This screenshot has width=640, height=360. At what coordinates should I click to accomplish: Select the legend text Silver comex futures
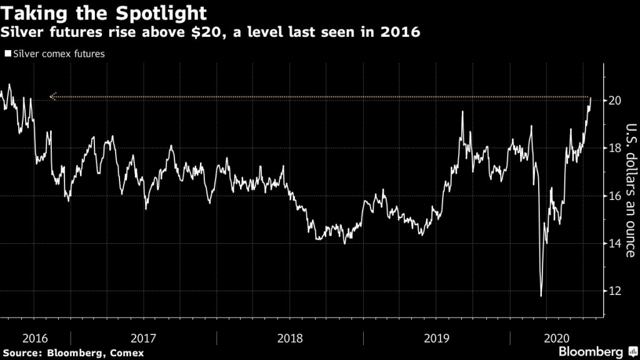(x=57, y=54)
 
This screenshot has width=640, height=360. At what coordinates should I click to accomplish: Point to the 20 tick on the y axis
(x=615, y=100)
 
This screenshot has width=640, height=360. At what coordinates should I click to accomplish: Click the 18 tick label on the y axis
(x=615, y=148)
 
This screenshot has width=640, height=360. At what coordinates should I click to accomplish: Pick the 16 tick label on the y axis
(x=615, y=196)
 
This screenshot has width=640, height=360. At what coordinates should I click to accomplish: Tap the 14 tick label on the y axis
(x=615, y=244)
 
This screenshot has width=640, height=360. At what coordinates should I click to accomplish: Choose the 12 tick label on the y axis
(x=615, y=291)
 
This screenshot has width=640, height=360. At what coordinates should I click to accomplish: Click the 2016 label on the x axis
(x=35, y=338)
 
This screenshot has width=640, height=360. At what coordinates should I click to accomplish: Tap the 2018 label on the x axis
(x=290, y=338)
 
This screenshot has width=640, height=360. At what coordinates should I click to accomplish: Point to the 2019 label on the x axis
(x=436, y=338)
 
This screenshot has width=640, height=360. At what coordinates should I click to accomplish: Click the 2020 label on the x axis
(x=556, y=338)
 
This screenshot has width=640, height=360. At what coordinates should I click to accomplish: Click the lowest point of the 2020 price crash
(x=541, y=296)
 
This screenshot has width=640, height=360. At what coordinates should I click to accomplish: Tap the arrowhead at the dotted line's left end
(x=52, y=97)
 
